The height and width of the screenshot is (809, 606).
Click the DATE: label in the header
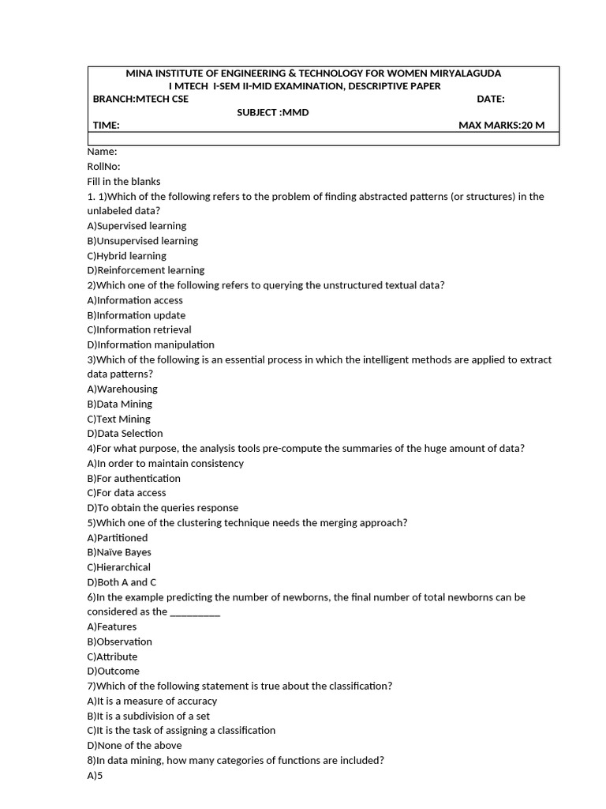click(491, 99)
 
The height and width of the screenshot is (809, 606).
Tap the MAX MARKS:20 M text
click(501, 126)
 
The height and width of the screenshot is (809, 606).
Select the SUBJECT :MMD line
click(273, 112)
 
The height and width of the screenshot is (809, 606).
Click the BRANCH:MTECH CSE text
click(140, 99)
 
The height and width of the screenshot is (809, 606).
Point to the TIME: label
click(106, 126)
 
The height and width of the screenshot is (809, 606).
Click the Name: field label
click(102, 152)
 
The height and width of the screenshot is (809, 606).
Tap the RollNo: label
click(103, 167)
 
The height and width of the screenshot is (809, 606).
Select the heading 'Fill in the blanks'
click(124, 182)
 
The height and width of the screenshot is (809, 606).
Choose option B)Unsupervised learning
click(143, 241)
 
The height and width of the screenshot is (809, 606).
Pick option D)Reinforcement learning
click(146, 270)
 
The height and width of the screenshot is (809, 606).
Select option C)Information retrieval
click(139, 329)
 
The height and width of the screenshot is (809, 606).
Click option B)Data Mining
click(120, 404)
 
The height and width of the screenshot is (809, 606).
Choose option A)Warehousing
click(122, 389)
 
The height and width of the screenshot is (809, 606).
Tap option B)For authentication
click(133, 478)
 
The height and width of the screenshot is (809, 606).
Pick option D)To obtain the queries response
click(163, 508)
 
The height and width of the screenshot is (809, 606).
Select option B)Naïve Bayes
click(119, 552)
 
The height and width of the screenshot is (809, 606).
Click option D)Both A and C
click(122, 582)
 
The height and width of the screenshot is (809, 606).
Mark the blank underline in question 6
click(195, 612)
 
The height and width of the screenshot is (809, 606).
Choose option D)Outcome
click(113, 672)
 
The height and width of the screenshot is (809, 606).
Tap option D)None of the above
click(134, 745)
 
